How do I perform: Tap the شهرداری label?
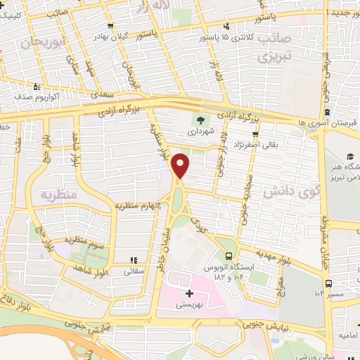pyautogui.click(x=203, y=129)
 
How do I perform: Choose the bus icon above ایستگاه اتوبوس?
pyautogui.click(x=229, y=257)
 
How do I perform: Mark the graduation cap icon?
pyautogui.click(x=349, y=155)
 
